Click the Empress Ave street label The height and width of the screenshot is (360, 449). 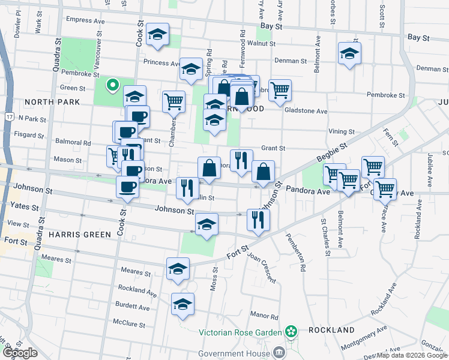click(x=85, y=20)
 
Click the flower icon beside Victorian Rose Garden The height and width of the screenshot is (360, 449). click(x=291, y=331)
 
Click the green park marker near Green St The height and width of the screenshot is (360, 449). click(x=111, y=85)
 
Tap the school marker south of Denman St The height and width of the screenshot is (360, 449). click(x=349, y=54)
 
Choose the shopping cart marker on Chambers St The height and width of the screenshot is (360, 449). click(x=173, y=101)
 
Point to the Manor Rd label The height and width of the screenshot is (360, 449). click(x=264, y=316)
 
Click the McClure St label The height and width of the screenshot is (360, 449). click(x=130, y=322)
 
